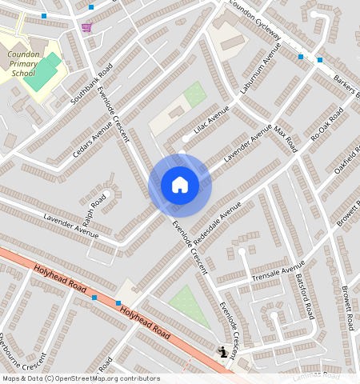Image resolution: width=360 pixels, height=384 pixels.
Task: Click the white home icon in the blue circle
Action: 180,185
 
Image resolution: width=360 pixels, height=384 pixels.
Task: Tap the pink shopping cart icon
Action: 86,28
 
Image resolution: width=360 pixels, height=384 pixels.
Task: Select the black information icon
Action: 222,351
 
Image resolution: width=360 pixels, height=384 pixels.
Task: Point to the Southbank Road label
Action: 82,85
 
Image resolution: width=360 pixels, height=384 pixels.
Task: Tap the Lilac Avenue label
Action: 211,119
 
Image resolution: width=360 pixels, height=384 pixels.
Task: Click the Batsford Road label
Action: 305,297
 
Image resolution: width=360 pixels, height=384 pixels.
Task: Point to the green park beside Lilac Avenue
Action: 194,94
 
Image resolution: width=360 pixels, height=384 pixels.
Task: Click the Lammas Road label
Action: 317,374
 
